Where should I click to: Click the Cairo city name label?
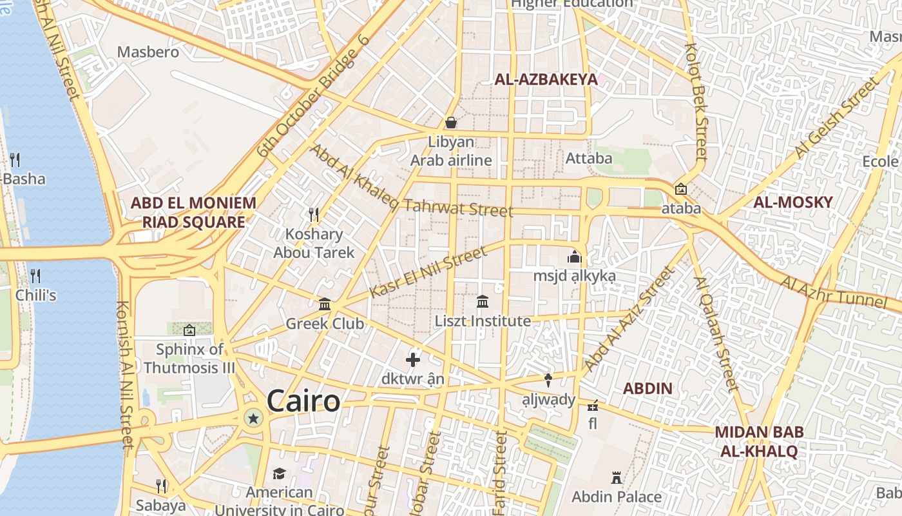click(303, 401)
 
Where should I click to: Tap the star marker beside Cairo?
click(254, 419)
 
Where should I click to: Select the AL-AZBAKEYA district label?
click(546, 79)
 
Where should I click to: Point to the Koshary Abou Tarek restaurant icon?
click(314, 213)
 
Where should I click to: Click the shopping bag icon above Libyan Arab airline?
click(451, 122)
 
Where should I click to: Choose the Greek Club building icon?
click(325, 303)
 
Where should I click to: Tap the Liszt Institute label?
click(483, 321)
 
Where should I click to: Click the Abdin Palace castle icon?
click(617, 478)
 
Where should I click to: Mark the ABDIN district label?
click(648, 388)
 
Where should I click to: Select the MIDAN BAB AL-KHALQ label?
click(759, 441)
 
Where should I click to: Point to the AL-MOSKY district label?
click(793, 202)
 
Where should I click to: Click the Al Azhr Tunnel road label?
click(834, 292)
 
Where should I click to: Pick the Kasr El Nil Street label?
click(428, 272)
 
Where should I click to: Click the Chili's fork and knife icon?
click(35, 276)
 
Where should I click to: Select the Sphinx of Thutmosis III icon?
click(189, 330)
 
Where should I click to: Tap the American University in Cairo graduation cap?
click(279, 474)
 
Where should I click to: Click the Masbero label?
click(148, 52)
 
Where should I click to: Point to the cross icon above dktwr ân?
click(413, 360)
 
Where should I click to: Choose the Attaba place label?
click(589, 158)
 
